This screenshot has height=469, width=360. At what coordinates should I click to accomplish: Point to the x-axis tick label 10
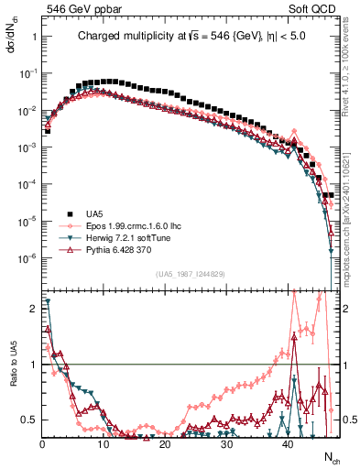104,445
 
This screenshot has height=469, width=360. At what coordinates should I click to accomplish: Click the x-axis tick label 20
165,445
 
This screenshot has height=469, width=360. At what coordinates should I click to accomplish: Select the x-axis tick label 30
226,445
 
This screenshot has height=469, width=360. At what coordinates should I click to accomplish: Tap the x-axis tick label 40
288,445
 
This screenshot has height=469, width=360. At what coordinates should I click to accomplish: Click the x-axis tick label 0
43,445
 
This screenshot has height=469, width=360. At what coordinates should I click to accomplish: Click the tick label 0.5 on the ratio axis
30,420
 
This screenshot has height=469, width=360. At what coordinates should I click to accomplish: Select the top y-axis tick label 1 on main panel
34,37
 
